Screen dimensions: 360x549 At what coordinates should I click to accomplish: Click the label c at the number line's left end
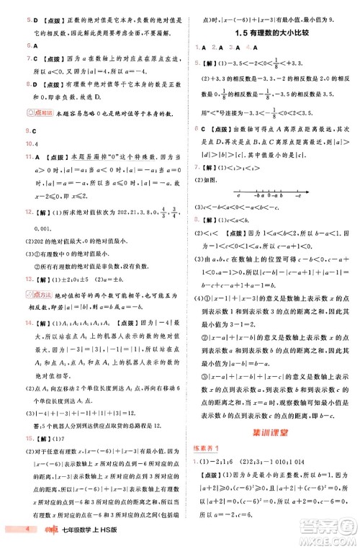tap(238, 196)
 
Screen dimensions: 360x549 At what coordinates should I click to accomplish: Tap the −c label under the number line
tap(297, 196)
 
